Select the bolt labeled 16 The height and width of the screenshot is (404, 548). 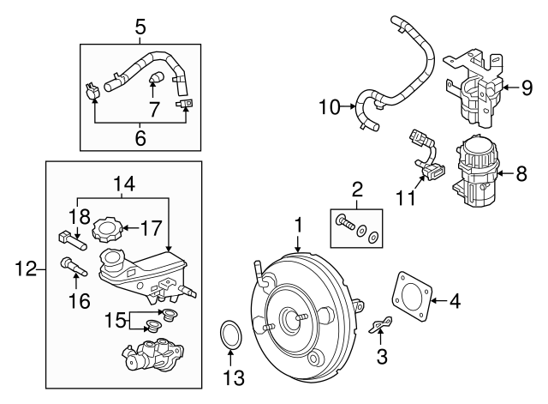71,267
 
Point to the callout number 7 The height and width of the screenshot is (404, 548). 154,110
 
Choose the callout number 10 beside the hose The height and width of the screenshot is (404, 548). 328,107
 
